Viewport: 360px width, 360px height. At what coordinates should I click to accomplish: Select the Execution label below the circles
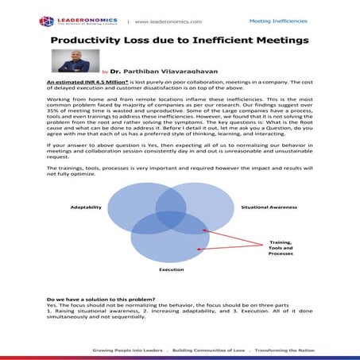(x=171, y=269)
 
